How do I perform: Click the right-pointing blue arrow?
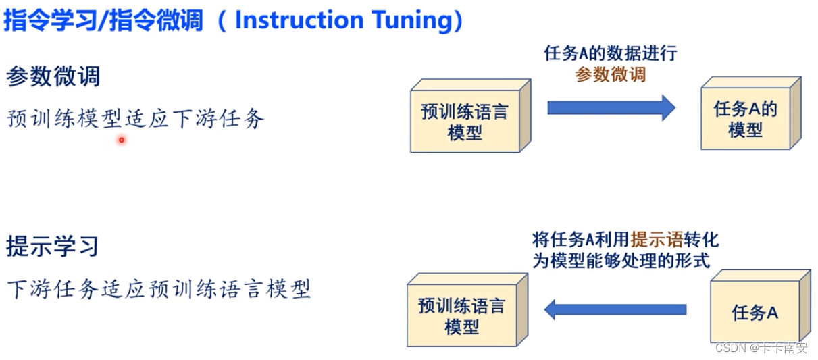[611, 107]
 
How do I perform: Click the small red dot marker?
[122, 140]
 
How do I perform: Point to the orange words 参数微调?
[611, 75]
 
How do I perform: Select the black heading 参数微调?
[53, 76]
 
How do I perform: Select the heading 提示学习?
[53, 246]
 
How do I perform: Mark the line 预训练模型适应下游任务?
[136, 120]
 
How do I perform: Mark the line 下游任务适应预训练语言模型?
[159, 289]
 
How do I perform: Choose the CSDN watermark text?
[761, 348]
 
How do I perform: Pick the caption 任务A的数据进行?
[611, 55]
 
